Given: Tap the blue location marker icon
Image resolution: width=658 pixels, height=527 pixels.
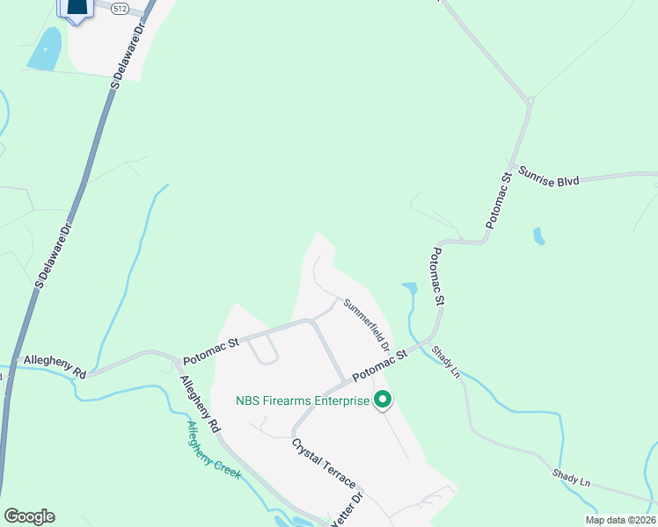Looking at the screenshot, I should click(x=77, y=8).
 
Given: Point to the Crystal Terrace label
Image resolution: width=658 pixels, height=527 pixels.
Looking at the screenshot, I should click(x=324, y=464).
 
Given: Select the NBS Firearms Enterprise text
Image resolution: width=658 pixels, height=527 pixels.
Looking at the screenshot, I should click(x=302, y=401).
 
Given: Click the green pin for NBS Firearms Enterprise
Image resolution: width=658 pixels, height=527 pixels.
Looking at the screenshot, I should click(x=383, y=401).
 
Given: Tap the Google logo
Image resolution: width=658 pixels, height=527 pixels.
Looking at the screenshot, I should click(x=29, y=516).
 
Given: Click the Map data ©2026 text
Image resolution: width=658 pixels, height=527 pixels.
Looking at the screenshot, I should click(x=620, y=520).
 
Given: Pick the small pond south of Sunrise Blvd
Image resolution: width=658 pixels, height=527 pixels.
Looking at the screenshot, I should click(x=538, y=235).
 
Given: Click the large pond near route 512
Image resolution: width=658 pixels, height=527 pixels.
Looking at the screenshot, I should click(x=46, y=49).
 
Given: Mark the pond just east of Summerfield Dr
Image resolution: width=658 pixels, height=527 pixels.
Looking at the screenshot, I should click(x=410, y=287).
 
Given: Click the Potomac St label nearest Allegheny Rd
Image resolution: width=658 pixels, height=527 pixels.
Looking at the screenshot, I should click(x=210, y=351).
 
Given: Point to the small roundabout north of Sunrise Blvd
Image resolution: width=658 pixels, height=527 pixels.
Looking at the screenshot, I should click(x=530, y=102).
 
